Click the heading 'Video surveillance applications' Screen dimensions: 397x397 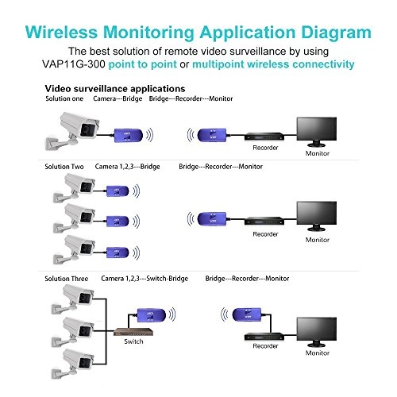pos(114,88)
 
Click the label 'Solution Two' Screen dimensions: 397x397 pos(67,167)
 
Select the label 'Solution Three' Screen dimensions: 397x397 pos(69,279)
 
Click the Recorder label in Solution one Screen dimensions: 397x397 pos(264,148)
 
